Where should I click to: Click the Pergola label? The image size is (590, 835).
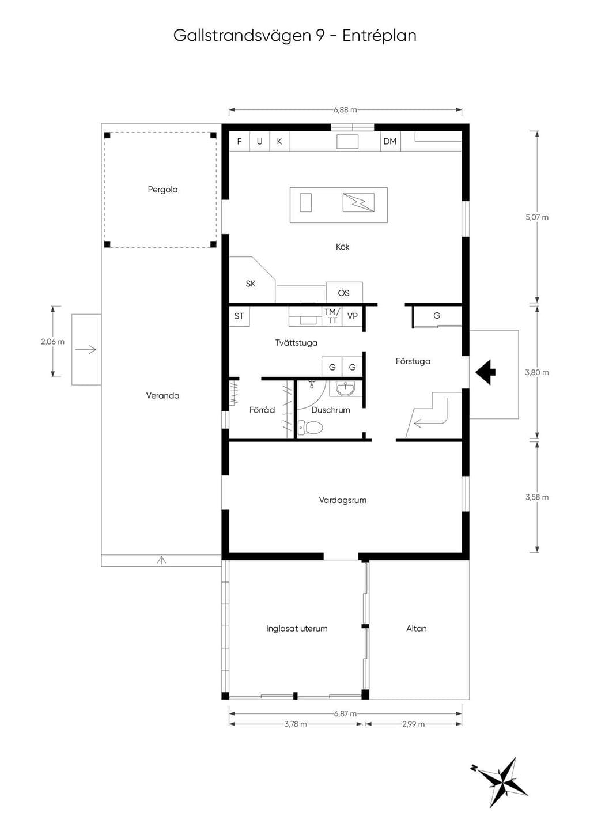click(x=162, y=190)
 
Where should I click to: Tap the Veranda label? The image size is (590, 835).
click(x=162, y=395)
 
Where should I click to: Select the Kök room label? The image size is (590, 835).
click(x=342, y=247)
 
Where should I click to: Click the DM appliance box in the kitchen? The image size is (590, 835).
click(x=390, y=141)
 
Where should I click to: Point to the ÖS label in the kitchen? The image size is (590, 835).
click(x=343, y=293)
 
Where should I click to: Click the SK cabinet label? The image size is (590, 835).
click(x=251, y=284)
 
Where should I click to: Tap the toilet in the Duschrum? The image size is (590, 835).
click(x=310, y=428)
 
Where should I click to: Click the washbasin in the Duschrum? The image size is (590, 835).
click(x=346, y=388)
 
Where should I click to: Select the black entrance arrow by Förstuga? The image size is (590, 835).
click(x=485, y=372)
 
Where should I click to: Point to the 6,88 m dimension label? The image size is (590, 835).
click(x=345, y=110)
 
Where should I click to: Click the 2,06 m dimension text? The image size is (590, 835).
click(x=52, y=342)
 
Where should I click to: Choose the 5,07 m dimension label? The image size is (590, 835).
click(x=537, y=217)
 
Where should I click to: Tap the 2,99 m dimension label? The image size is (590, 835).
click(x=413, y=724)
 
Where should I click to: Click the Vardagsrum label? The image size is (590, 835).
click(x=342, y=500)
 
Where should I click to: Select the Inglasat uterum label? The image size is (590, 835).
click(x=297, y=628)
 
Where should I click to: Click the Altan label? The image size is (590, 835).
click(x=417, y=628)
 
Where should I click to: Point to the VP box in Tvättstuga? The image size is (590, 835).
click(x=352, y=316)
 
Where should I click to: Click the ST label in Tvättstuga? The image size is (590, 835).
click(x=239, y=316)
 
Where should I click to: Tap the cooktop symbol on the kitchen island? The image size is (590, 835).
click(x=358, y=203)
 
